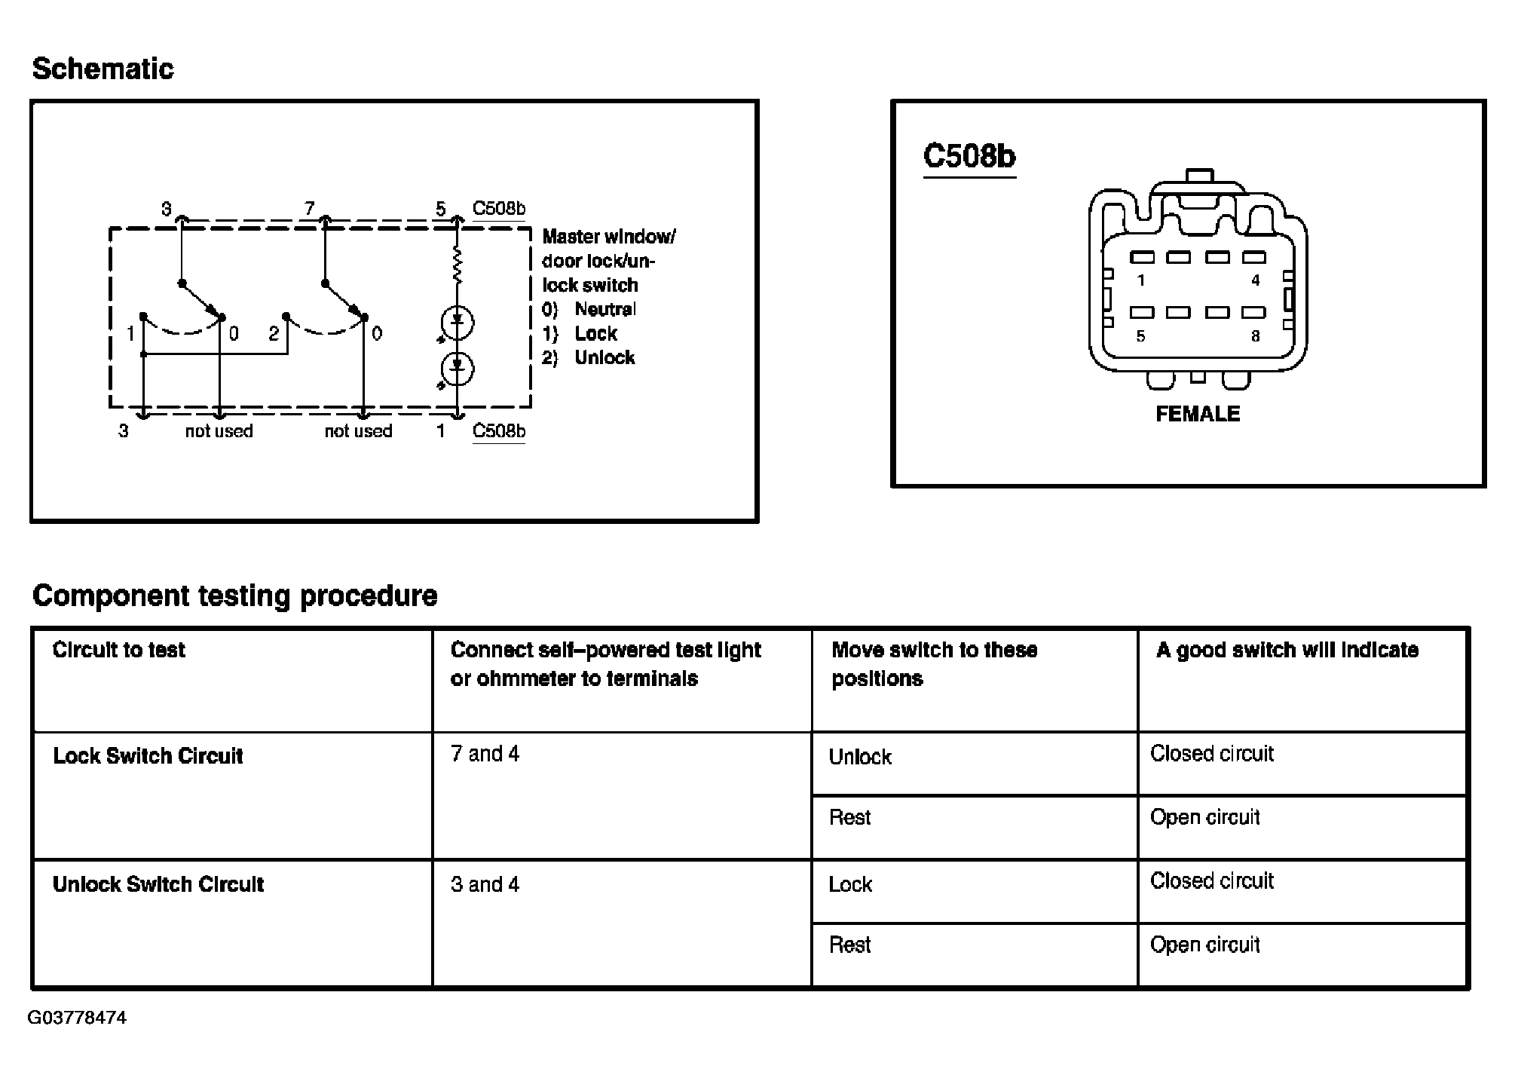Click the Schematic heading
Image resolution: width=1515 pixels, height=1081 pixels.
click(103, 69)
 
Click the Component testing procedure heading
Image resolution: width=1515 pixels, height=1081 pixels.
click(234, 596)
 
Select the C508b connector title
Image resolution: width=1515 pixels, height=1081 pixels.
click(969, 156)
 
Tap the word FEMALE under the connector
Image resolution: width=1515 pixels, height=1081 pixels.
click(1198, 414)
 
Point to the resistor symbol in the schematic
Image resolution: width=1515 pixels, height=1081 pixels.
click(457, 265)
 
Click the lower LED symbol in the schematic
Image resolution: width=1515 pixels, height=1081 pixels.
click(457, 369)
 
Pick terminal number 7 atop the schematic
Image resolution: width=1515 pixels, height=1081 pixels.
click(309, 208)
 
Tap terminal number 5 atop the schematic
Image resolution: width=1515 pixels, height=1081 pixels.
click(441, 209)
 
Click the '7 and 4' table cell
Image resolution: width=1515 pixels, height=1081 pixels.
click(485, 755)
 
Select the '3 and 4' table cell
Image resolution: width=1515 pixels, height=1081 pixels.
click(485, 884)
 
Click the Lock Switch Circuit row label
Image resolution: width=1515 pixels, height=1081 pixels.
click(148, 756)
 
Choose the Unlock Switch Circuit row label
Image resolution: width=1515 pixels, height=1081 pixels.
click(158, 884)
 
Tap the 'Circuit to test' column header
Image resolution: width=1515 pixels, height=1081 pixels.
click(119, 650)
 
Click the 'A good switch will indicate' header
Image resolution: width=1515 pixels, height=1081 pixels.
click(1287, 650)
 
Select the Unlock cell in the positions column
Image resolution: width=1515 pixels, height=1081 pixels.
click(860, 757)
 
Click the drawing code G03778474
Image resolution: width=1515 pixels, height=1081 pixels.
click(77, 1018)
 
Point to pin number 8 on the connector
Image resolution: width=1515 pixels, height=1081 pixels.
click(1255, 336)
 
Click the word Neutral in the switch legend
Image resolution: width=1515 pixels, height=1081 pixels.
click(605, 309)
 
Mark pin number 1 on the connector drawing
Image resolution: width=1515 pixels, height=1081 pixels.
click(1141, 280)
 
